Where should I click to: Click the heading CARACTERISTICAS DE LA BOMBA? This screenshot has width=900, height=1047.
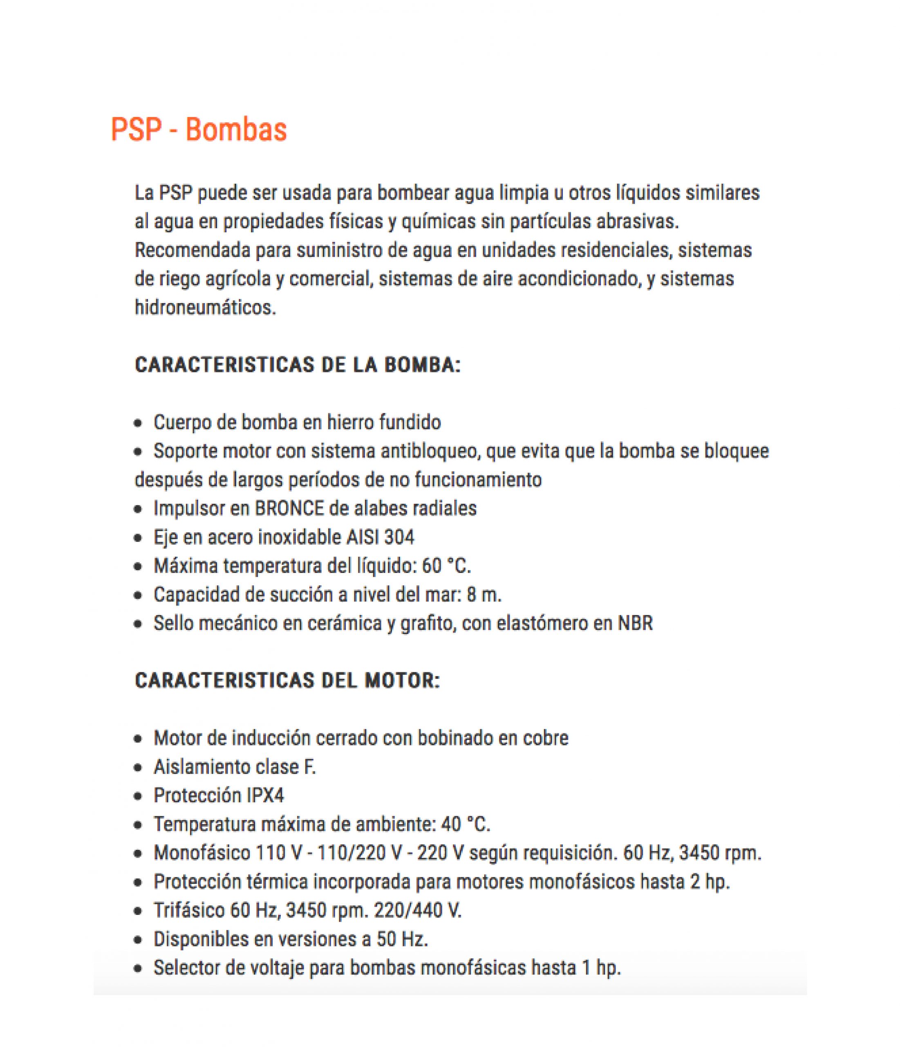click(298, 365)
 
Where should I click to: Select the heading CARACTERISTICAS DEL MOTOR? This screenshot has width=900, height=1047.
click(287, 680)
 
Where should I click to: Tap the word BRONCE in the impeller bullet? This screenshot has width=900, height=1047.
click(289, 508)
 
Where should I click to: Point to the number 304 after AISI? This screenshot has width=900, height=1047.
click(399, 537)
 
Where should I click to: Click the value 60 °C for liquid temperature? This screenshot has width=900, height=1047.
click(446, 566)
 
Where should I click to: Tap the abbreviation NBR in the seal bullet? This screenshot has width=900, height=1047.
click(635, 623)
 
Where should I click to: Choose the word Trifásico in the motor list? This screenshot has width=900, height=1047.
click(189, 910)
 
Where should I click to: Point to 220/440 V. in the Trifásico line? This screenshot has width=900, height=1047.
click(417, 910)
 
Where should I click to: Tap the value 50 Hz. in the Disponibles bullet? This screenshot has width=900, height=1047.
click(402, 939)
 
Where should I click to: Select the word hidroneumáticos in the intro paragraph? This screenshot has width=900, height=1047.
click(205, 307)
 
